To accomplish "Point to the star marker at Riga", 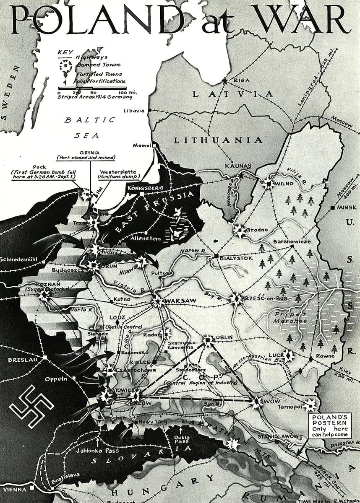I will click(x=225, y=81).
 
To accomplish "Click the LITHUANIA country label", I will click(x=218, y=140).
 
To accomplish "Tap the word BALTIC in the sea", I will click(x=90, y=120).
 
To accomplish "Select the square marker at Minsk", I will click(x=332, y=208).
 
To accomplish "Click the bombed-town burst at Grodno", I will click(x=239, y=230).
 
